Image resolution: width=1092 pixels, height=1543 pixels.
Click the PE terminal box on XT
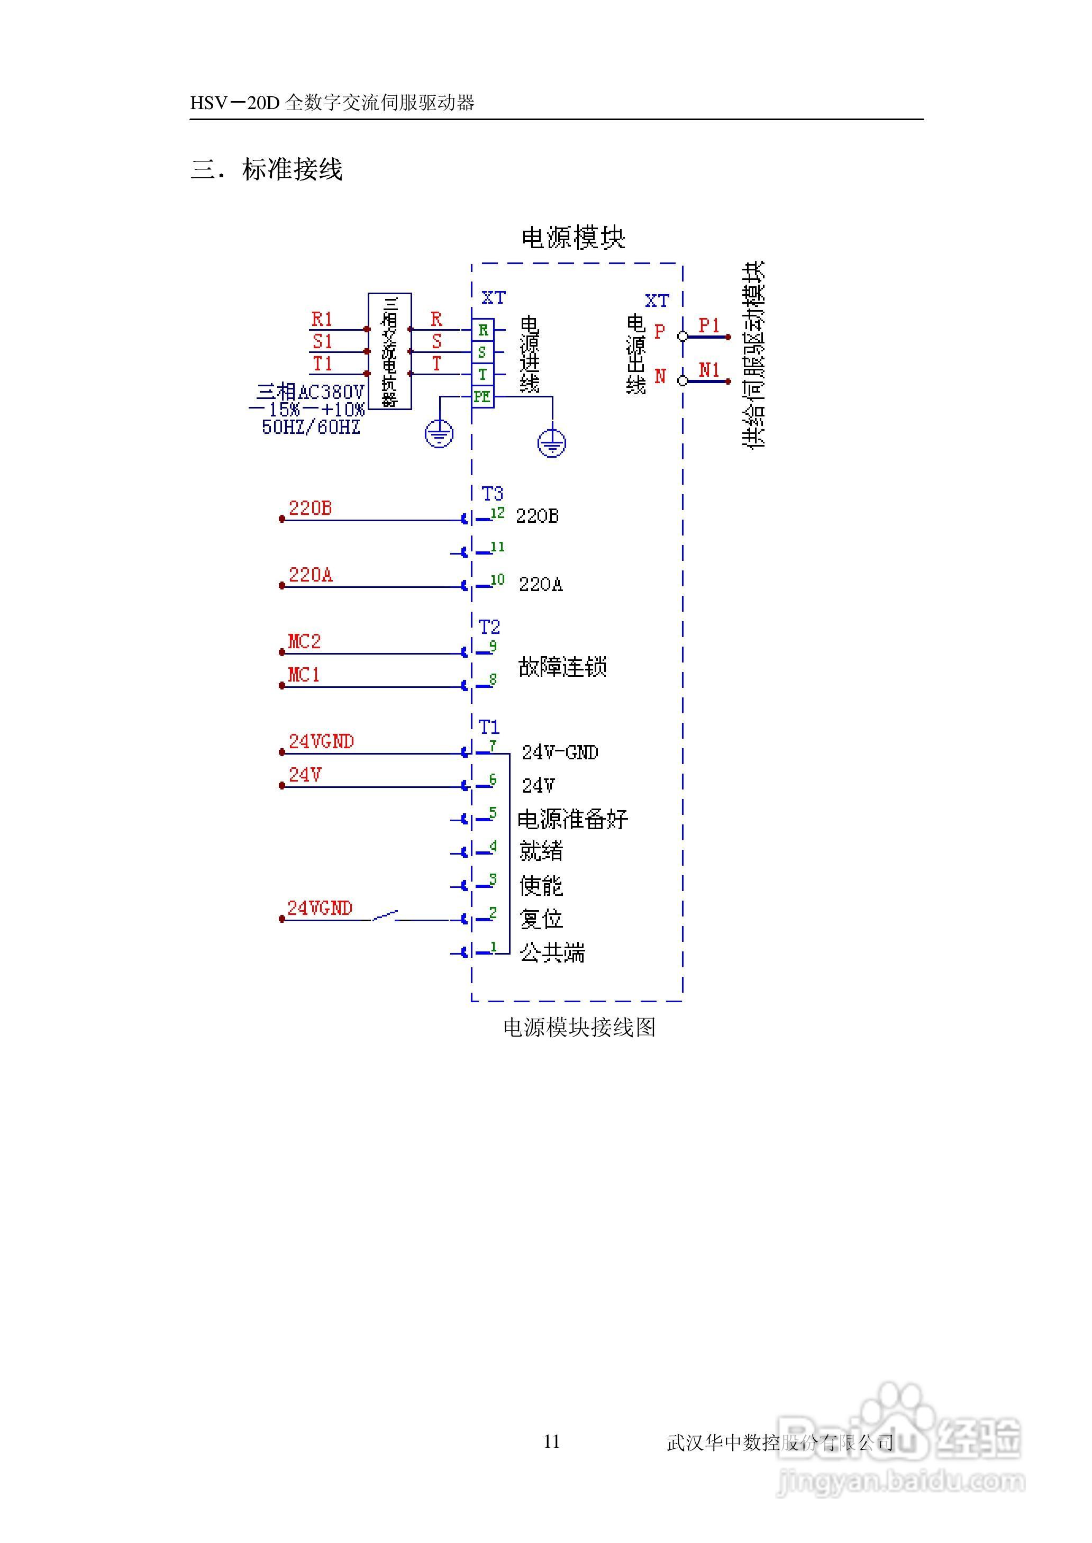(x=482, y=397)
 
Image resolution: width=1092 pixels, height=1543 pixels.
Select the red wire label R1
(x=322, y=319)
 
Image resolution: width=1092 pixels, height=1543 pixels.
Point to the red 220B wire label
(x=310, y=509)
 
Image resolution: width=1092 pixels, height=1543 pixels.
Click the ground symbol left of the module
(x=439, y=434)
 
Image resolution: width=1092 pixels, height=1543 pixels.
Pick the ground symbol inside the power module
(x=551, y=443)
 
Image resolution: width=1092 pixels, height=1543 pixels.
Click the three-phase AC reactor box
(x=389, y=350)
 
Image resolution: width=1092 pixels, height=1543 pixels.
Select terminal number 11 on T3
(x=497, y=547)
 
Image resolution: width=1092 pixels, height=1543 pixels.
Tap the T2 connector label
(x=489, y=627)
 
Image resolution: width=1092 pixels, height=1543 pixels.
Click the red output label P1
(x=709, y=325)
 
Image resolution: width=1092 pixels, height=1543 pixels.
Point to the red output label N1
(x=709, y=370)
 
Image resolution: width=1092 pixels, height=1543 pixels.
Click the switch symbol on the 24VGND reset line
(x=385, y=916)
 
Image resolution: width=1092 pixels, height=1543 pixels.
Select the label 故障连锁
(x=562, y=666)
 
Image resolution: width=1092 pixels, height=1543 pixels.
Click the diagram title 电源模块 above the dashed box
(x=573, y=238)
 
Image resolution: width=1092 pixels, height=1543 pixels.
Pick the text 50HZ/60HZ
(x=311, y=427)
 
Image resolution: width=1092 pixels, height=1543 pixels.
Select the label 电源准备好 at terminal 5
(x=572, y=819)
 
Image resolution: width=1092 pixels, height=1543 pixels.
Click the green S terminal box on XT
(x=482, y=352)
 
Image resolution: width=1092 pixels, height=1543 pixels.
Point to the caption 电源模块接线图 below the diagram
(x=579, y=1027)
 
